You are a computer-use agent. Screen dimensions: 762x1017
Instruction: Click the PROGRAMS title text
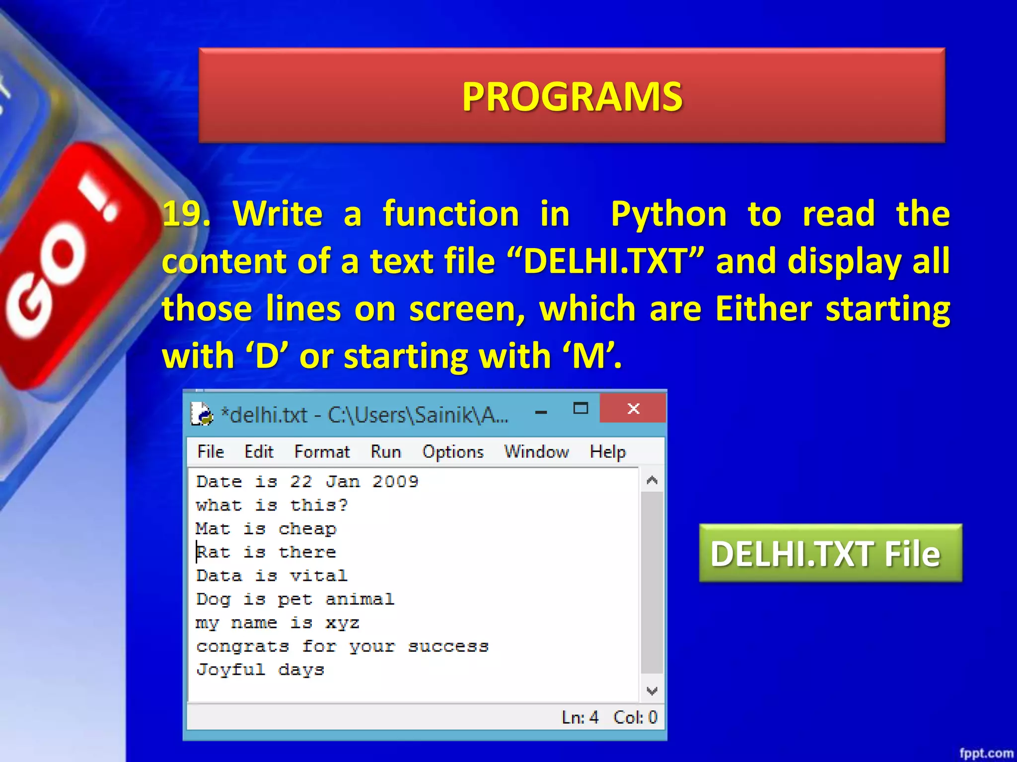(x=572, y=96)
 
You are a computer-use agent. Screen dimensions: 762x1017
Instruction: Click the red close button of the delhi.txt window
(x=633, y=409)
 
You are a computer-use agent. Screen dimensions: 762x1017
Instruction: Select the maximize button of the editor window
(x=581, y=409)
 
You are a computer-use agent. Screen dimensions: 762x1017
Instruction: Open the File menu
(x=211, y=452)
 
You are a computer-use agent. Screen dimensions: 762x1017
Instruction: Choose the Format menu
(x=322, y=452)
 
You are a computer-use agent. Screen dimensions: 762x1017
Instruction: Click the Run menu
(x=386, y=452)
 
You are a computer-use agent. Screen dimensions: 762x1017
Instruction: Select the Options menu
(x=453, y=452)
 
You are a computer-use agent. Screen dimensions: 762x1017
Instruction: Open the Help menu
(x=607, y=452)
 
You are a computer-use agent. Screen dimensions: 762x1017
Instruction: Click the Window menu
(x=536, y=452)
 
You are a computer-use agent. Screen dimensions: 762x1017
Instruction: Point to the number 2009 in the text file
(x=395, y=482)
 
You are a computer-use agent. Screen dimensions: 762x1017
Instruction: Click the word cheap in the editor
(x=307, y=529)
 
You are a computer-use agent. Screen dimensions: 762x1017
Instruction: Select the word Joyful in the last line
(x=230, y=670)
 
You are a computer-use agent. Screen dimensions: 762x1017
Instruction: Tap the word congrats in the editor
(x=242, y=646)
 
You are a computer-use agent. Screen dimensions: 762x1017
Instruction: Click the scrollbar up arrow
(x=652, y=480)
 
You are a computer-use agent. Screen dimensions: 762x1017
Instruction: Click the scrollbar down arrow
(x=652, y=691)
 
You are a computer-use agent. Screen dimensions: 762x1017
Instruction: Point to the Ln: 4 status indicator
(x=580, y=717)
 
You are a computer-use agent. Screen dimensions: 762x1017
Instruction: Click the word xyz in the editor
(x=342, y=623)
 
